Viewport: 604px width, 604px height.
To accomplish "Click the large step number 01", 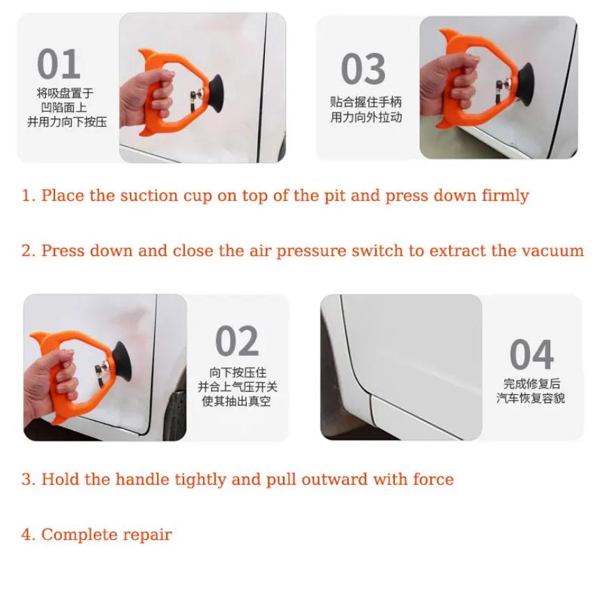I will [x=59, y=65].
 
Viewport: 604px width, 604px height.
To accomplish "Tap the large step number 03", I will [x=363, y=69].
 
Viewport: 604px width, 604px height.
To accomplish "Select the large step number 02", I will [x=237, y=341].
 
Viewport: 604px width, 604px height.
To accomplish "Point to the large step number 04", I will [x=531, y=354].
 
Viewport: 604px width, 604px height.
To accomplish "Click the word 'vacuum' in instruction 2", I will [x=554, y=250].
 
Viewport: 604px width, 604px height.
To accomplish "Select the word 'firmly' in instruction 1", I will [x=505, y=195].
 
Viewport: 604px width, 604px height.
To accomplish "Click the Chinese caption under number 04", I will [x=531, y=391].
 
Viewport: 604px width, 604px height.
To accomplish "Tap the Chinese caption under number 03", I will [x=366, y=110].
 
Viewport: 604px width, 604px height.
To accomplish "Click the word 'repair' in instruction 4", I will [x=147, y=535].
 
